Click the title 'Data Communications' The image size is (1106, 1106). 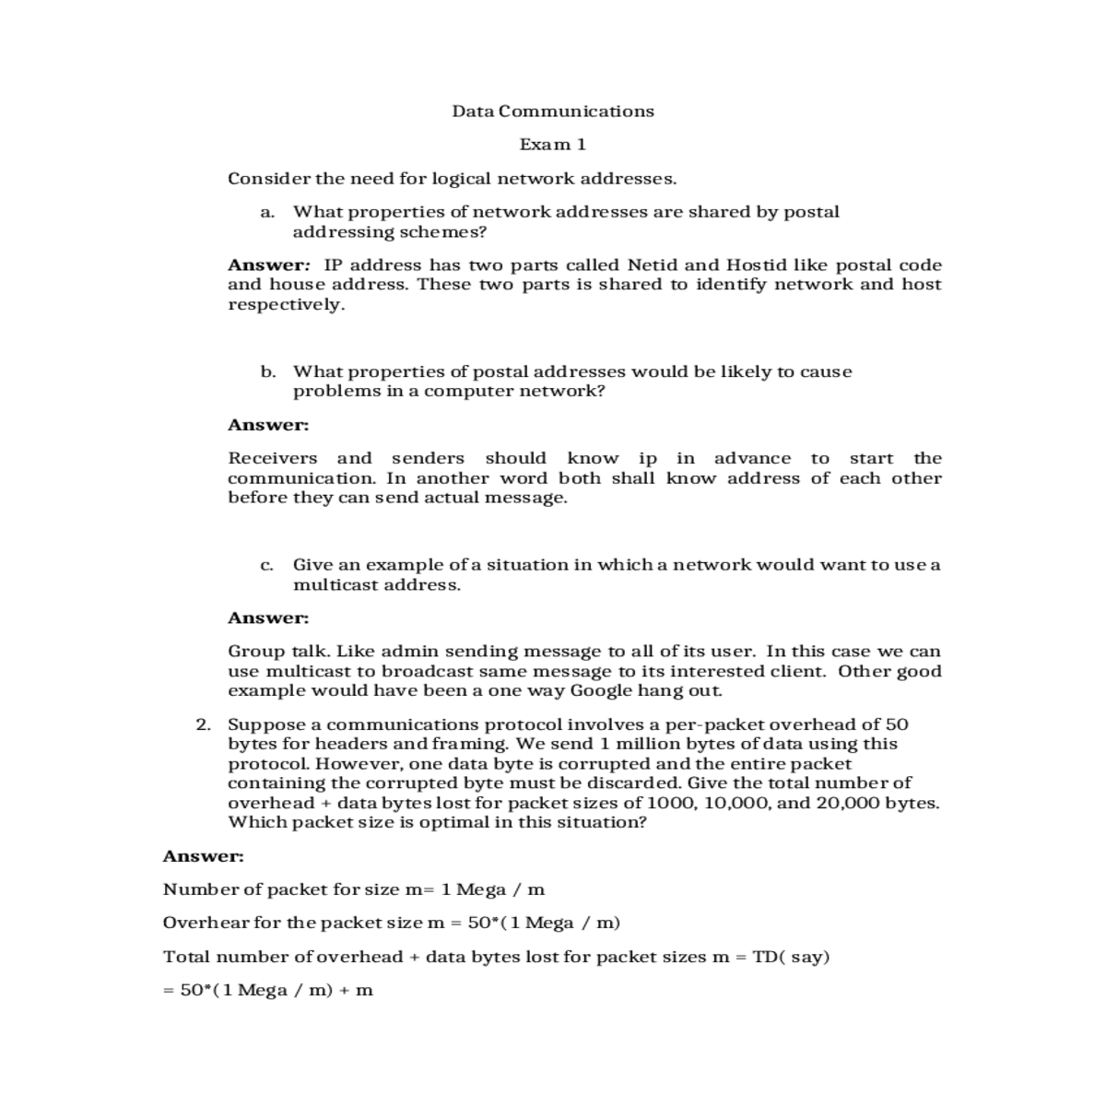click(553, 112)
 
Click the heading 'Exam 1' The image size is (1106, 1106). click(553, 145)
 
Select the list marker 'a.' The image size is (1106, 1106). click(267, 213)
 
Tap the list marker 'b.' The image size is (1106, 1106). click(268, 372)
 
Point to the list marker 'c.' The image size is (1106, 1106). click(267, 565)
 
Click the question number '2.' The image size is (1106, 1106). click(205, 724)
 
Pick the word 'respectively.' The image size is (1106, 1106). click(287, 305)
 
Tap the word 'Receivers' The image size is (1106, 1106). click(273, 458)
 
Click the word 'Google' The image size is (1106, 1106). click(601, 690)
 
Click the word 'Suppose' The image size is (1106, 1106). click(261, 725)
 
